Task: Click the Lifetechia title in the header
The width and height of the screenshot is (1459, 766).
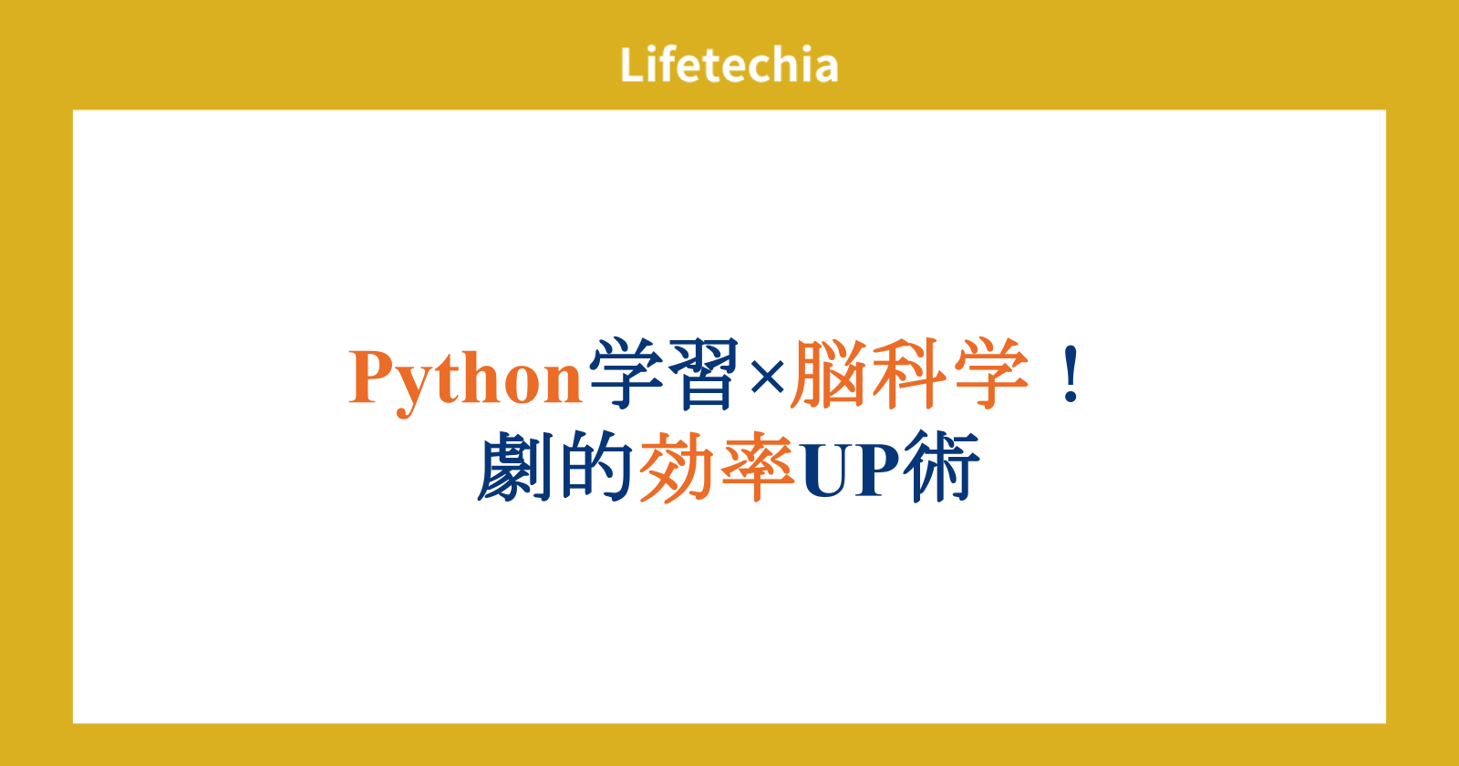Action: pyautogui.click(x=729, y=64)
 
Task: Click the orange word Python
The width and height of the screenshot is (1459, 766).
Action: pyautogui.click(x=465, y=380)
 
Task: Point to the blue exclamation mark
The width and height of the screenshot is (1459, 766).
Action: pyautogui.click(x=1071, y=375)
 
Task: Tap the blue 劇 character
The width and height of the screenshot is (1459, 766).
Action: pyautogui.click(x=514, y=466)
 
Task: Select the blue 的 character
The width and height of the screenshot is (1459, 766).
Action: pyautogui.click(x=595, y=466)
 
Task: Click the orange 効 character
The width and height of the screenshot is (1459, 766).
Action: pyautogui.click(x=677, y=466)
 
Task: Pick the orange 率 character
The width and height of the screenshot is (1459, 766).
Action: pyautogui.click(x=758, y=466)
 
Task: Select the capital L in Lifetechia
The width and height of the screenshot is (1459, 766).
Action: pyautogui.click(x=633, y=65)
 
